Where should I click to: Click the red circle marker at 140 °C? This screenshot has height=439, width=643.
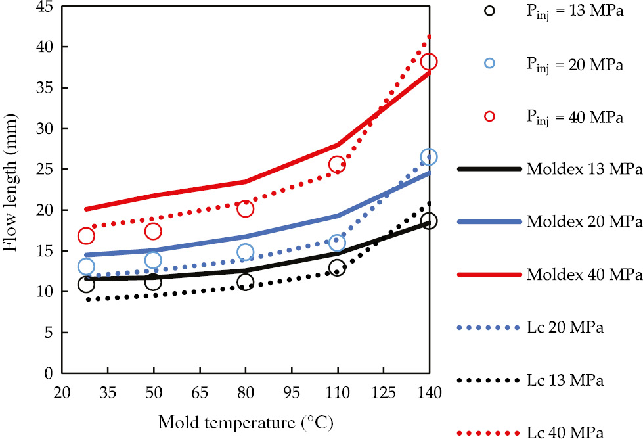click(x=429, y=62)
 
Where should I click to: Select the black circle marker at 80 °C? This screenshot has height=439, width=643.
click(x=245, y=282)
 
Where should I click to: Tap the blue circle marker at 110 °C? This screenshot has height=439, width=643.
click(x=337, y=243)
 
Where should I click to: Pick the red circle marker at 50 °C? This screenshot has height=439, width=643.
click(x=153, y=231)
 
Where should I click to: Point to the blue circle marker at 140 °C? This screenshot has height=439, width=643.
click(x=429, y=157)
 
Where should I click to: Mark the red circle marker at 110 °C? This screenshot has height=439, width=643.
click(x=337, y=164)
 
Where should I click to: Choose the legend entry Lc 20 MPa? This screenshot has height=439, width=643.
click(x=564, y=327)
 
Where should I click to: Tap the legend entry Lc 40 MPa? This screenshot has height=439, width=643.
click(x=564, y=432)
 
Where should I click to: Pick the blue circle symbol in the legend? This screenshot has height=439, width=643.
click(x=489, y=64)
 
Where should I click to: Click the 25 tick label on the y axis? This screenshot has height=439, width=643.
click(x=45, y=170)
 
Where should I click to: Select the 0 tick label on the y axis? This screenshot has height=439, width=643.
click(x=48, y=373)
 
